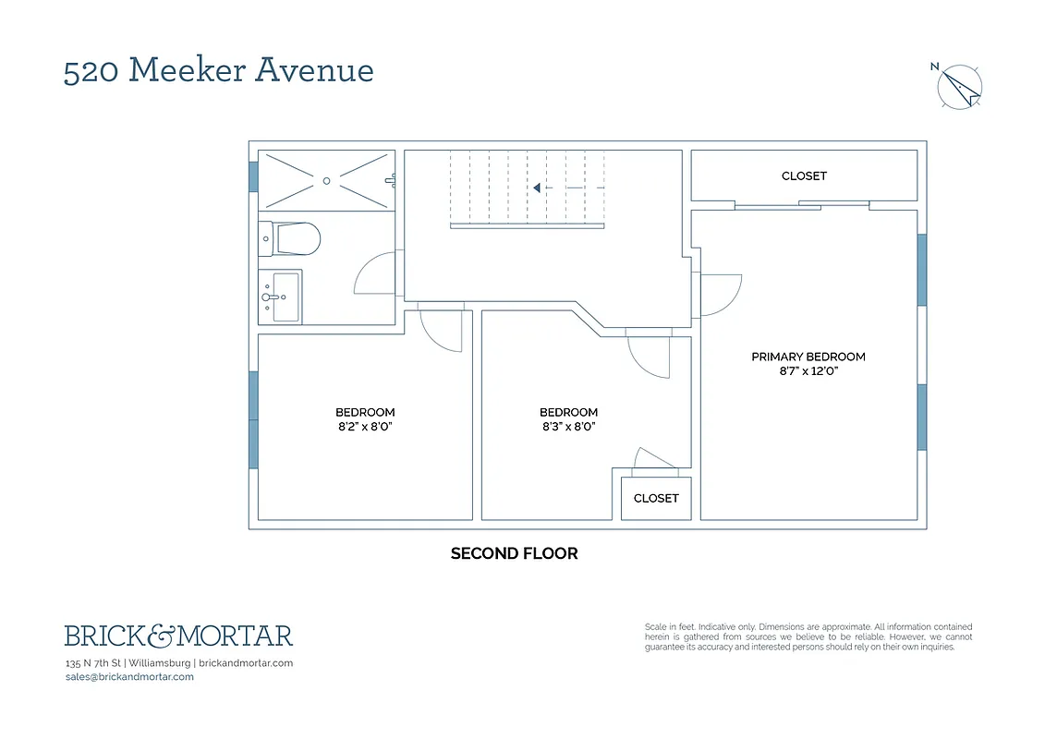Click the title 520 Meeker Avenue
[x=218, y=70]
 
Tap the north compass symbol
[x=960, y=87]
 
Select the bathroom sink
[x=283, y=297]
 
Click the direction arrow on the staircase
[x=536, y=188]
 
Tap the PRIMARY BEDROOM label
[x=808, y=357]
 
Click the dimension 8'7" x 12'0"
[x=808, y=371]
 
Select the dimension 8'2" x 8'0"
[x=365, y=427]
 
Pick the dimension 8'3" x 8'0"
[x=569, y=427]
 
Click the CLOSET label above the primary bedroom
[x=804, y=176]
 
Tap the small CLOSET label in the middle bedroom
[x=656, y=498]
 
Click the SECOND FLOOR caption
[x=514, y=553]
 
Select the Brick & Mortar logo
[x=178, y=636]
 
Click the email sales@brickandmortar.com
[x=129, y=677]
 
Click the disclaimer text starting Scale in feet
[x=808, y=636]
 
